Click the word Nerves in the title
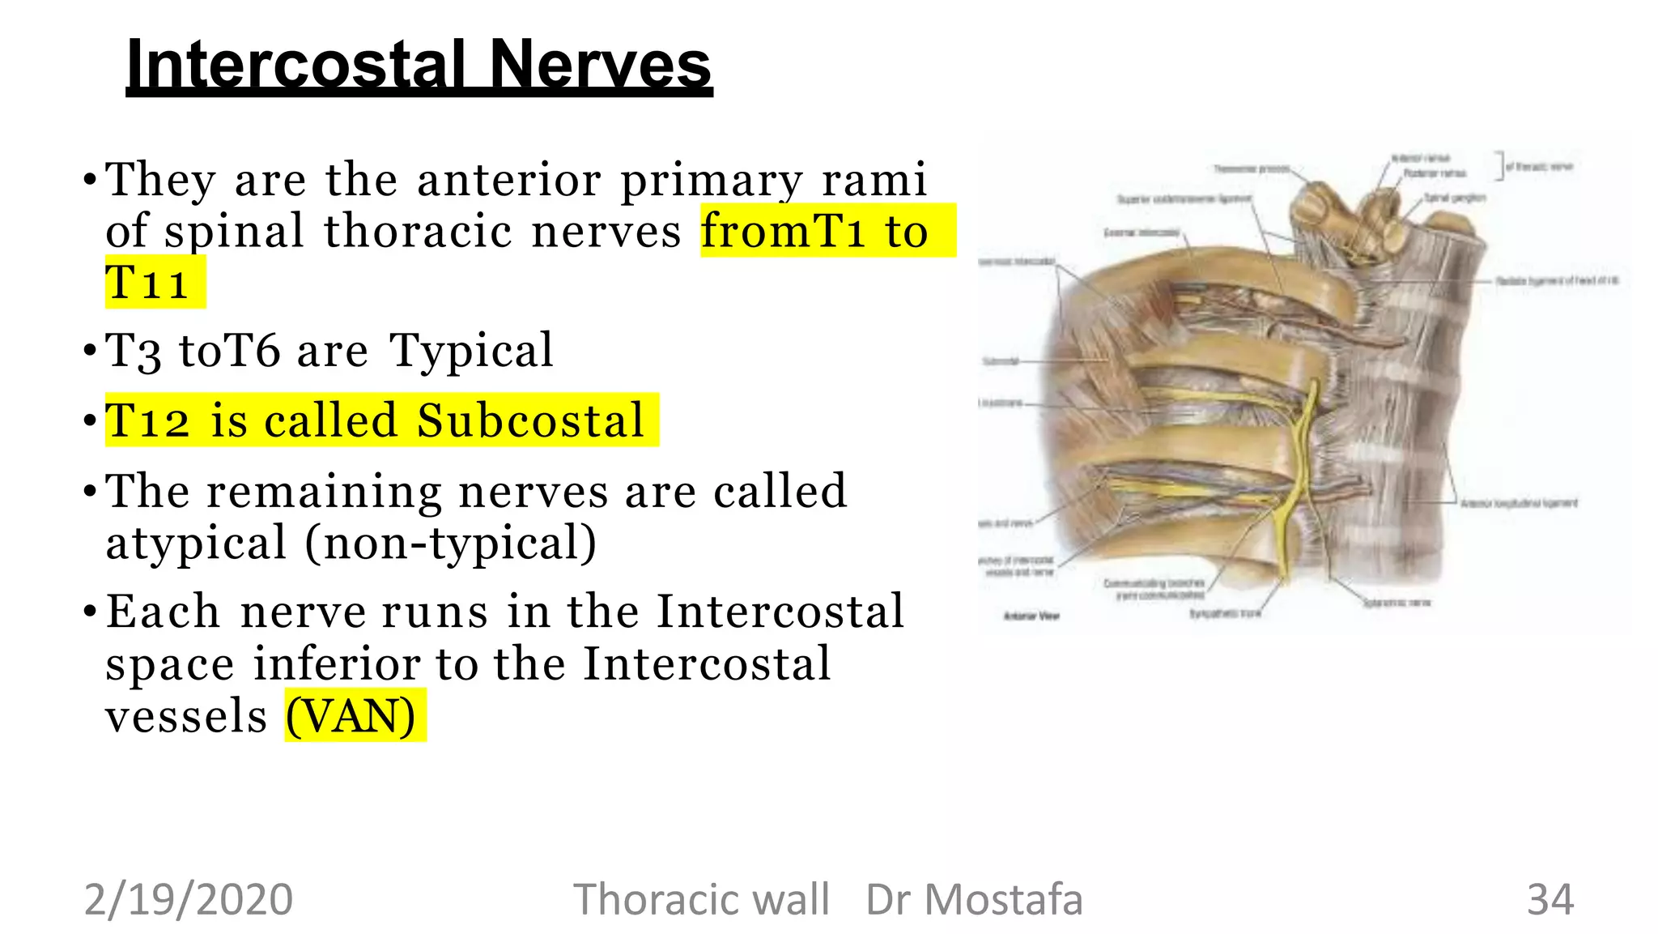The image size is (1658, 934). point(600,65)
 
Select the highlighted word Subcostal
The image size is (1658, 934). point(530,420)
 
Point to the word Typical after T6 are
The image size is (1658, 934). point(471,351)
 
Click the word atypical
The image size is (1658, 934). point(197,543)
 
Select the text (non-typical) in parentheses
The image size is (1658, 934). point(451,543)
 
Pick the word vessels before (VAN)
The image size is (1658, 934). point(186,716)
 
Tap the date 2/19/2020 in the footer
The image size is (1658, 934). point(189,900)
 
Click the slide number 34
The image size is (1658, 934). point(1550,900)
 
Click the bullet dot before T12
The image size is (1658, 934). point(90,420)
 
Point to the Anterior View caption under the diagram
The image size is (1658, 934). point(1031,616)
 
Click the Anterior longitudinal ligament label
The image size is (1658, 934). point(1519,503)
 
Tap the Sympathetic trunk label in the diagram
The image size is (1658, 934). point(1225,613)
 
